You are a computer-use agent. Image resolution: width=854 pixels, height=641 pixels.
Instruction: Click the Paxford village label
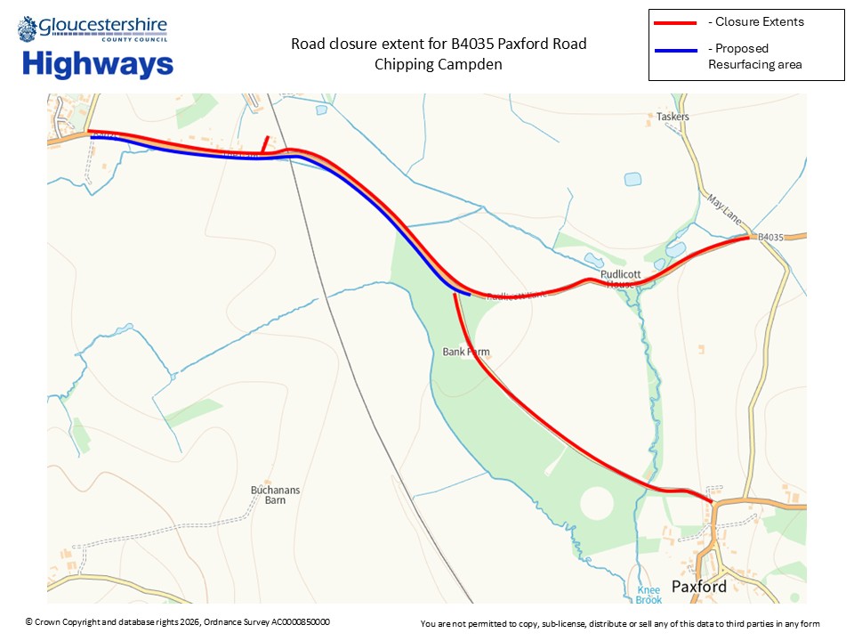point(698,586)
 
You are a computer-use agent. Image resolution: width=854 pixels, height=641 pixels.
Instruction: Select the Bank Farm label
point(466,352)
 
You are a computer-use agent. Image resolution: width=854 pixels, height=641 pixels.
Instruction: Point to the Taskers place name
point(673,117)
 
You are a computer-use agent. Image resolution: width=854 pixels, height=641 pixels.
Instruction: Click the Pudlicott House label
point(618,279)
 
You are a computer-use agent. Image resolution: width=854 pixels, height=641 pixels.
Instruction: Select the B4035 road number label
point(770,237)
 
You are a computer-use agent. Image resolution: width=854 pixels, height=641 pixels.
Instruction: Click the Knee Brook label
point(649,595)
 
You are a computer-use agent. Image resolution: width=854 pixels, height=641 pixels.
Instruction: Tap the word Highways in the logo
point(98,64)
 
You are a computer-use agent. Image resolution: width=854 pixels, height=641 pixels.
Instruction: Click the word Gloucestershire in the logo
point(103,28)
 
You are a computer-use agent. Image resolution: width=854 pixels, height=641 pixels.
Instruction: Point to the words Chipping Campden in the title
point(439,64)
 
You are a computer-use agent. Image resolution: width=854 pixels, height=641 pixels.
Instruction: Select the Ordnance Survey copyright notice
point(177,621)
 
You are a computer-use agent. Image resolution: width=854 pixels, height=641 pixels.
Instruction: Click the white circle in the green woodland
point(596,504)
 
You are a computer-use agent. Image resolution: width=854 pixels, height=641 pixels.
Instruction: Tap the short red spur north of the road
point(265,143)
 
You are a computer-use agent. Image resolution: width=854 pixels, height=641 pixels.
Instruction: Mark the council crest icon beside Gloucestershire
point(27,28)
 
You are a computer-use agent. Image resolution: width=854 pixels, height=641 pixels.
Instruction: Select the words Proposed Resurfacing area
point(754,56)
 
